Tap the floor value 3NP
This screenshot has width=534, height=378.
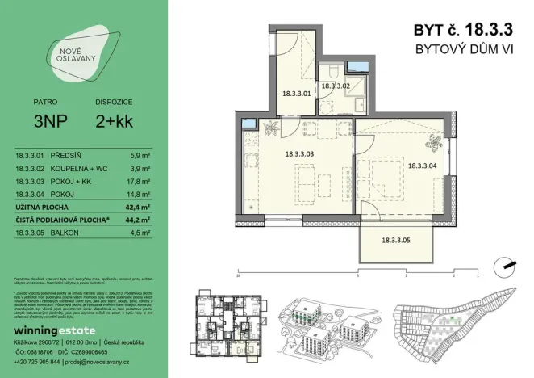44,124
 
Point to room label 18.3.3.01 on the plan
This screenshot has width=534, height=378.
296,93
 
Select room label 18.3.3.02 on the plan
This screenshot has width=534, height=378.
335,86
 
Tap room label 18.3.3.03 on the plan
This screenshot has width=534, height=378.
299,153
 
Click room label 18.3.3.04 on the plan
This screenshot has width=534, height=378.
423,166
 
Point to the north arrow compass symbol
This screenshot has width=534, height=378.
505,263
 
